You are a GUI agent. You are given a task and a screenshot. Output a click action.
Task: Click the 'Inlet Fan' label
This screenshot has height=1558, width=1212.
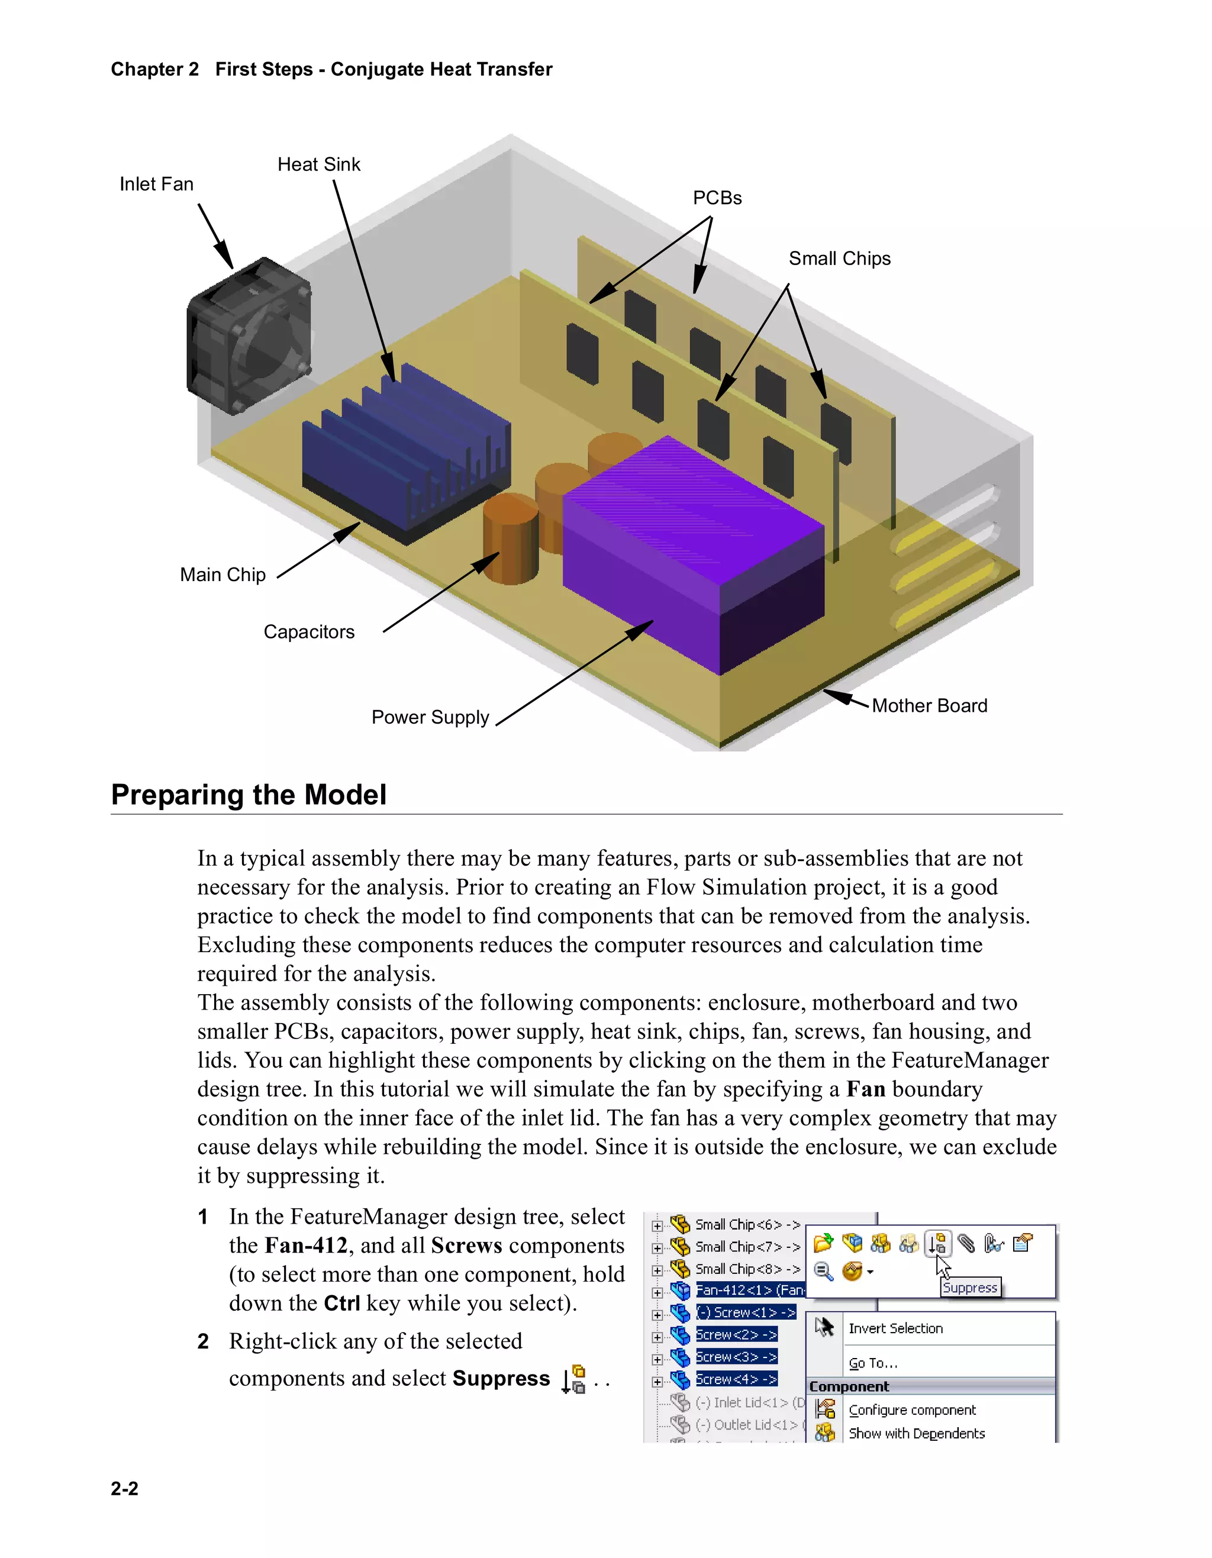pos(156,184)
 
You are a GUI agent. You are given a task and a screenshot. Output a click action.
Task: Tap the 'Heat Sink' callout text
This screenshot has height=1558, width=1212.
pos(319,164)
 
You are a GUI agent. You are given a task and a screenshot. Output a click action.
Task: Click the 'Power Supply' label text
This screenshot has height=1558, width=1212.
pos(430,717)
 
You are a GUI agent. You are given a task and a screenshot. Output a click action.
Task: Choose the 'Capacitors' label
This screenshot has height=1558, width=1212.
pos(309,632)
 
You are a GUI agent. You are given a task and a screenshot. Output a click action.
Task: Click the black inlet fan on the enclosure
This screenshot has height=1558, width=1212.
pos(248,336)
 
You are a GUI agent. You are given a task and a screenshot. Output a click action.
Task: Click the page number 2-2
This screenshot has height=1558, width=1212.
pos(124,1489)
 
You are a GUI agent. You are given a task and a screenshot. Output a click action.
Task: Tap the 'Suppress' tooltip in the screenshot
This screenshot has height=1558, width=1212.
pos(969,1288)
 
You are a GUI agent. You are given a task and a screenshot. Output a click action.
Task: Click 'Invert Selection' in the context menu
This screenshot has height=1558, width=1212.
pos(895,1328)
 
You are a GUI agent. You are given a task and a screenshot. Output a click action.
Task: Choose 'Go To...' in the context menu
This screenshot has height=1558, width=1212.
pos(872,1363)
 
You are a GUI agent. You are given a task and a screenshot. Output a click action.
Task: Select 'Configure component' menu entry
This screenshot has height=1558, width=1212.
pos(912,1410)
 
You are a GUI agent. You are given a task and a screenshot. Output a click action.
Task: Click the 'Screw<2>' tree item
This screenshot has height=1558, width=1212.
pos(736,1335)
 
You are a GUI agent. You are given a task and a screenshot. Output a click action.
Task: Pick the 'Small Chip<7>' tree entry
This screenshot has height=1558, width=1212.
pos(746,1247)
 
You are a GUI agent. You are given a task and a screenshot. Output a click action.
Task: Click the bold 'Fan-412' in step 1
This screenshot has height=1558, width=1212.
pos(305,1246)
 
